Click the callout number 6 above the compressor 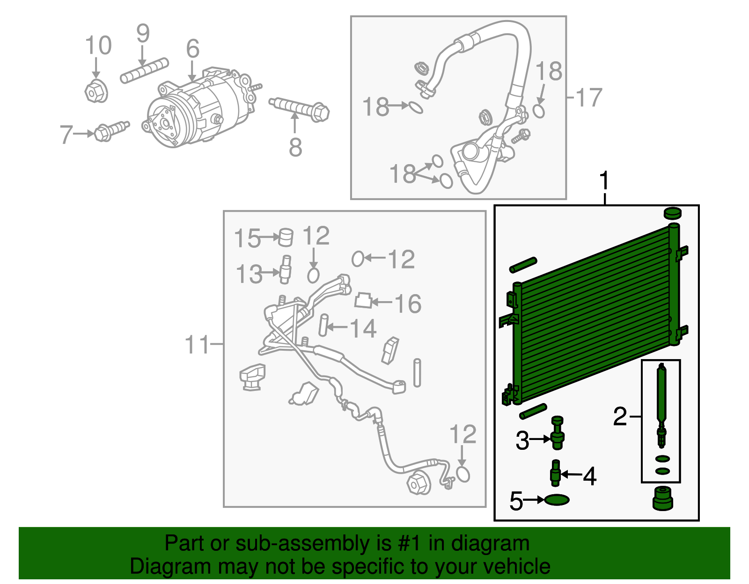[192, 49]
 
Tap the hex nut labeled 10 [96, 91]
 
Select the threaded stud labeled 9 [144, 71]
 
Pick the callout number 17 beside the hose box [588, 98]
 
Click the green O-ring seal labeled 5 [557, 500]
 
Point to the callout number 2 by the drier [620, 416]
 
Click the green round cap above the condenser [672, 213]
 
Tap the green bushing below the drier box [662, 498]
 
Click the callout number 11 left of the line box [197, 345]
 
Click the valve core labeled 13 [285, 269]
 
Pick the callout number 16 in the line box [408, 303]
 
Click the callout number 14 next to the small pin [363, 328]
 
